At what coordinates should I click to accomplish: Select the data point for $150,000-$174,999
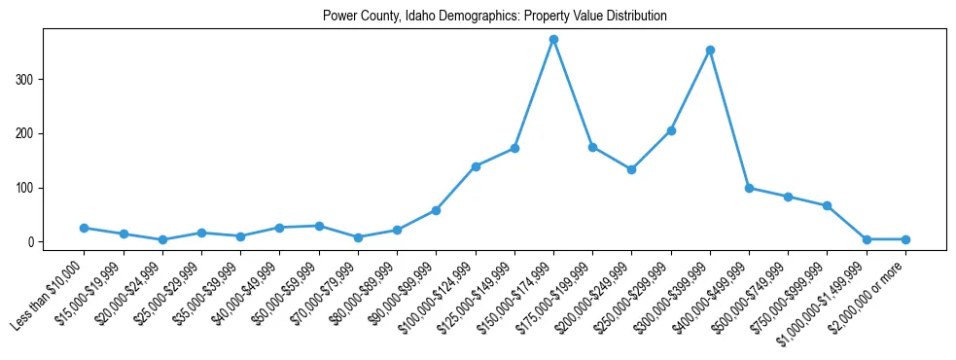(x=553, y=40)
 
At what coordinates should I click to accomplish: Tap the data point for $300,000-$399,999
(x=710, y=50)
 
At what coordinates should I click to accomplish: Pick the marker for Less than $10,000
(x=85, y=228)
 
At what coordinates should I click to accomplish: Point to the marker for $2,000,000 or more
(x=905, y=239)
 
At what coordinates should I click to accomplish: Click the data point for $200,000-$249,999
(x=631, y=169)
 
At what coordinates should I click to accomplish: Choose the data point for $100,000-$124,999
(x=476, y=166)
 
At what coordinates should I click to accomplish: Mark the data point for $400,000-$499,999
(x=749, y=188)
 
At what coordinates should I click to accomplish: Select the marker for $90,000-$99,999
(x=436, y=210)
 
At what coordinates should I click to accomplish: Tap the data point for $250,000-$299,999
(x=671, y=130)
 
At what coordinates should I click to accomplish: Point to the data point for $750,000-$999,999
(x=827, y=205)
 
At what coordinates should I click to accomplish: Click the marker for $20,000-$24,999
(x=162, y=239)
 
